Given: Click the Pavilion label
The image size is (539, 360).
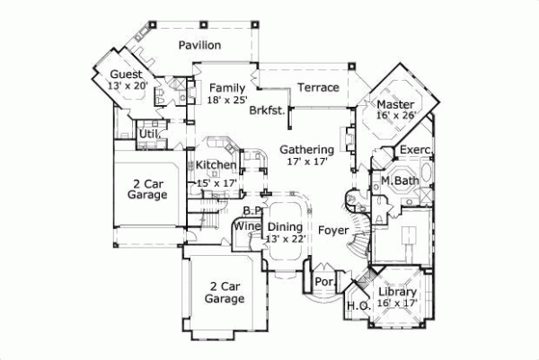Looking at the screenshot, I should point(199,45).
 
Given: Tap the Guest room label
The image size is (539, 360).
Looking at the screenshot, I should point(127,74).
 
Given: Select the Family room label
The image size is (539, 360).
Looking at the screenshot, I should point(227,88).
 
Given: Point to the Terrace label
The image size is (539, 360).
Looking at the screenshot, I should point(319,88).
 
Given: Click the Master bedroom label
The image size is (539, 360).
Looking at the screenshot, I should point(395,103).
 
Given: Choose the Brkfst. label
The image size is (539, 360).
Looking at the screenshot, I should point(268,111).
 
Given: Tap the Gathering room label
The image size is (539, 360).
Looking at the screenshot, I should point(306,149).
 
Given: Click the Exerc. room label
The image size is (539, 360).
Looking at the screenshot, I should point(417,149).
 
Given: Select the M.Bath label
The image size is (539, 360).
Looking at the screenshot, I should point(396,180).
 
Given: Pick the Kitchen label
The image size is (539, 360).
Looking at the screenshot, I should point(216,165).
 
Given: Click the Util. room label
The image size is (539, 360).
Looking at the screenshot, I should point(149,135).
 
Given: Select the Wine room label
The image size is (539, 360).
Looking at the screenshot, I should point(246,226).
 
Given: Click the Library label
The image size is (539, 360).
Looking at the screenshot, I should point(396,292).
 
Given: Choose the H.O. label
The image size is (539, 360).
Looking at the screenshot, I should point(357,306).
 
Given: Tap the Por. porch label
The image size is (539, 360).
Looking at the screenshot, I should point(324,282).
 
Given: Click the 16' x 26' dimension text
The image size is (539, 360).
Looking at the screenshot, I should point(395,116).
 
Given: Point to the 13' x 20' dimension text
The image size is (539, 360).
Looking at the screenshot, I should point(128,86).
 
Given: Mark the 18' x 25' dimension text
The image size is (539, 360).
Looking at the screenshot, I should point(226,101).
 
